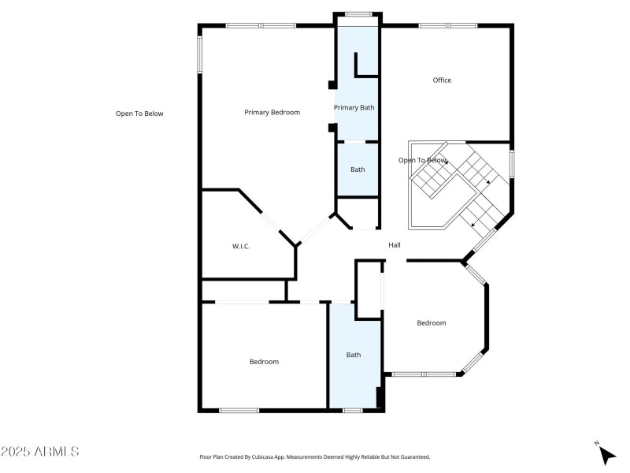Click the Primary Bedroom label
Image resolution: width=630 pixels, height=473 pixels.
tap(272, 113)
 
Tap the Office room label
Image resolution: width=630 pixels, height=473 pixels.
tap(442, 80)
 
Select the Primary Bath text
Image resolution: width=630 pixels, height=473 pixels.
tap(354, 108)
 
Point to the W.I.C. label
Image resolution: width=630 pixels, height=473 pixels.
tap(241, 247)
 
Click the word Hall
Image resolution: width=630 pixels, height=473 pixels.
tap(395, 245)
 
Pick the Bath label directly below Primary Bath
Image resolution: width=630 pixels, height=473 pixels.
tap(358, 169)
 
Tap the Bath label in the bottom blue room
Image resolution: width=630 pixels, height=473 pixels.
tap(354, 355)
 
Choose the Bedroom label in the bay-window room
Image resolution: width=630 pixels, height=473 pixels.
tap(431, 323)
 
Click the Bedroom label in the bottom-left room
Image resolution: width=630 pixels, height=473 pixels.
tap(264, 362)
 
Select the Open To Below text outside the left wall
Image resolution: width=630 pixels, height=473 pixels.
tap(139, 114)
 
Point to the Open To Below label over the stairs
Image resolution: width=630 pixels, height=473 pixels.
tap(422, 161)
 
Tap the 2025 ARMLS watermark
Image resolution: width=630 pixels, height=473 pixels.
tap(39, 452)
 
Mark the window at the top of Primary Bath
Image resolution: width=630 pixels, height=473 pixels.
tap(358, 13)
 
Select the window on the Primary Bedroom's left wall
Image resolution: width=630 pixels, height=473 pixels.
tap(199, 54)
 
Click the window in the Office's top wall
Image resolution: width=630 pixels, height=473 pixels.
tap(447, 25)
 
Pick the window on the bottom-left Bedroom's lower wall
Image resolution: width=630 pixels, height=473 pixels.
tap(239, 410)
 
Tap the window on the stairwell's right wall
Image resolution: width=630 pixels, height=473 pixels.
tap(512, 163)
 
